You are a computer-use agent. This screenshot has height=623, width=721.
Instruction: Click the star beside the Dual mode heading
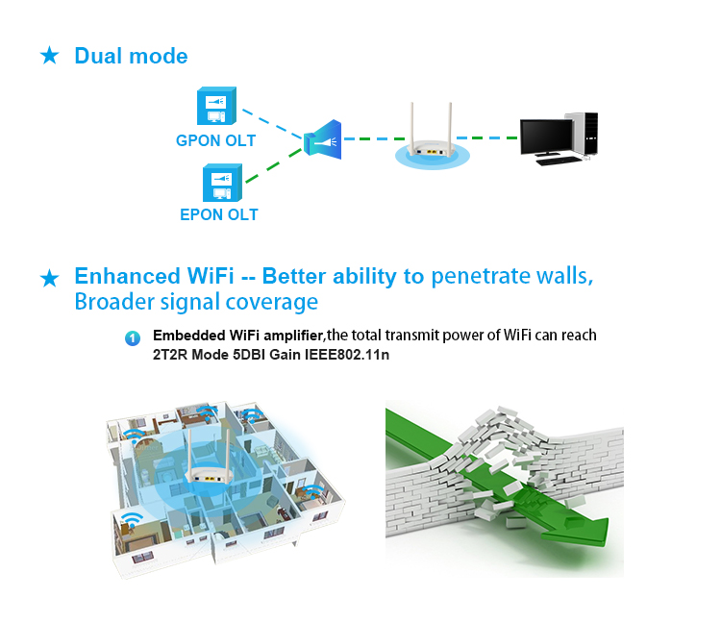[x=50, y=56]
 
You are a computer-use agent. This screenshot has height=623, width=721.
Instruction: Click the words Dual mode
[x=131, y=56]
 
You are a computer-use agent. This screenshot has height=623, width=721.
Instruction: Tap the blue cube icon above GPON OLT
[x=216, y=106]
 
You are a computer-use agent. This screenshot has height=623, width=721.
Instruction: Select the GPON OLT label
[x=215, y=140]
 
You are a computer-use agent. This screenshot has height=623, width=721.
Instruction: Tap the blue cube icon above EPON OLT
[x=223, y=183]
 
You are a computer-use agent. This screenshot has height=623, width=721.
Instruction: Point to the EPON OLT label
[x=219, y=214]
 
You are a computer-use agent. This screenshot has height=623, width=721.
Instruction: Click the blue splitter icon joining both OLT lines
[x=322, y=139]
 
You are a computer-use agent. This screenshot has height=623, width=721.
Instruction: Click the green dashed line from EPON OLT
[x=273, y=165]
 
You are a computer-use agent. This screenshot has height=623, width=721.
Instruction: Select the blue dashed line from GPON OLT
[x=272, y=124]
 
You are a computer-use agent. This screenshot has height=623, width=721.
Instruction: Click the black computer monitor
[x=547, y=137]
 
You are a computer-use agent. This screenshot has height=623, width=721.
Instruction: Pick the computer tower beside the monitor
[x=584, y=134]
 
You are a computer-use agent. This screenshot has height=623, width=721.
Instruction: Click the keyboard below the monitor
[x=559, y=161]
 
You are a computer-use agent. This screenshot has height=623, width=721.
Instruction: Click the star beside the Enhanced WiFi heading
[x=50, y=278]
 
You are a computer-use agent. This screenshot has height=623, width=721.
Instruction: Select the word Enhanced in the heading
[x=127, y=276]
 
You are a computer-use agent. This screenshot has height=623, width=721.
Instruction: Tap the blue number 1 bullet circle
[x=133, y=338]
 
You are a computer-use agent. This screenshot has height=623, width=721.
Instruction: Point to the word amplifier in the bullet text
[x=293, y=336]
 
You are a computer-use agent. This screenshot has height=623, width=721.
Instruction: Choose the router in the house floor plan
[x=209, y=460]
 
